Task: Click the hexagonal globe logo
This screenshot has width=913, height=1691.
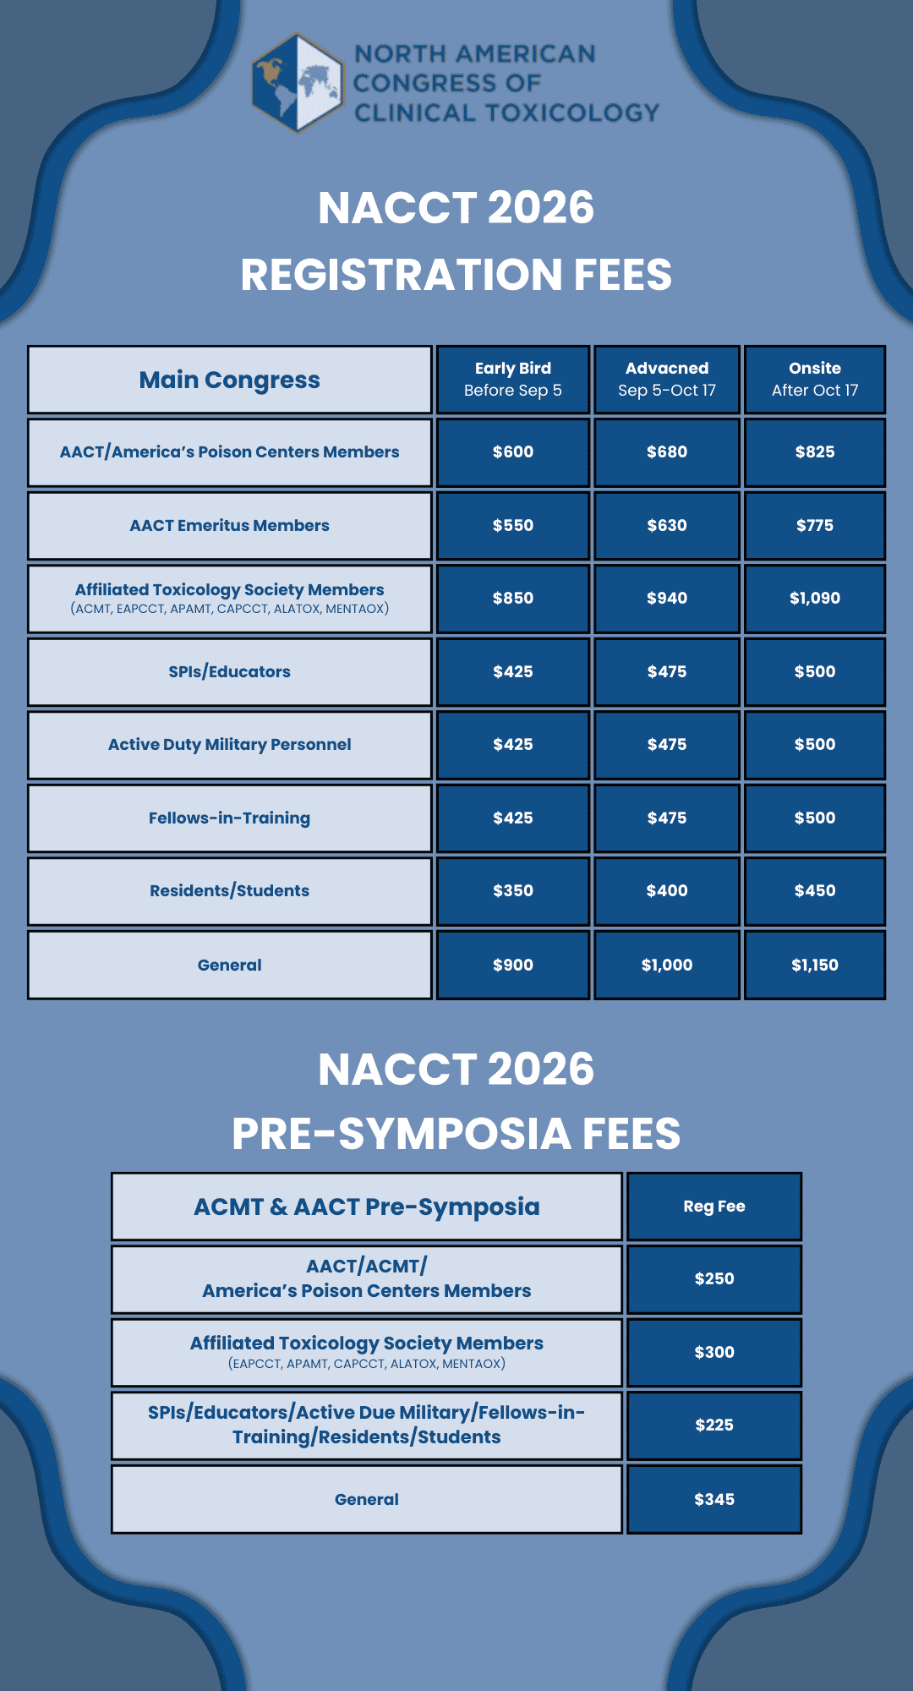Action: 297,83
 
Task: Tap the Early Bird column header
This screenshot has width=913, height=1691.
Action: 512,379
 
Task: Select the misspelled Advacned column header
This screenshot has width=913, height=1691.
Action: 666,379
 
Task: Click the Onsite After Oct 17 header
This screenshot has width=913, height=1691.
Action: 814,379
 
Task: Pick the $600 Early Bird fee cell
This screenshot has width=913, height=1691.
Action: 512,452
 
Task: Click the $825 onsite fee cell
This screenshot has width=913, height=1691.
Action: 814,452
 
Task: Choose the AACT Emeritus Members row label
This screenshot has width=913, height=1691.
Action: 229,526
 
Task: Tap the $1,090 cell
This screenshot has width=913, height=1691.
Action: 814,599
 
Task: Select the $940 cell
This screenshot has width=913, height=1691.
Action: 666,599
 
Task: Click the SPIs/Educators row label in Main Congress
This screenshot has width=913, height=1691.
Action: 229,672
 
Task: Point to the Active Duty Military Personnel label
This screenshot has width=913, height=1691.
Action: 229,745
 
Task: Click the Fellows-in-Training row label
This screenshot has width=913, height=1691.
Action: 229,818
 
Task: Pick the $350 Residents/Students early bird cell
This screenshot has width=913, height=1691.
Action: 512,891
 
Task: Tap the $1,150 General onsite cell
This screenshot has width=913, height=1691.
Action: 814,965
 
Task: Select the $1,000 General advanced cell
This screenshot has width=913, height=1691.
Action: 666,965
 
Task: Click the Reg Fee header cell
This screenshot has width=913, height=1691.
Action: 713,1207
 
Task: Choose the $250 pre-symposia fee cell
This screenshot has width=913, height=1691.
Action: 713,1279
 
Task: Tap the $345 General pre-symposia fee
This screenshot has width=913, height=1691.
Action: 713,1499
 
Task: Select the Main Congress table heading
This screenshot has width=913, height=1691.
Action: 229,380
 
